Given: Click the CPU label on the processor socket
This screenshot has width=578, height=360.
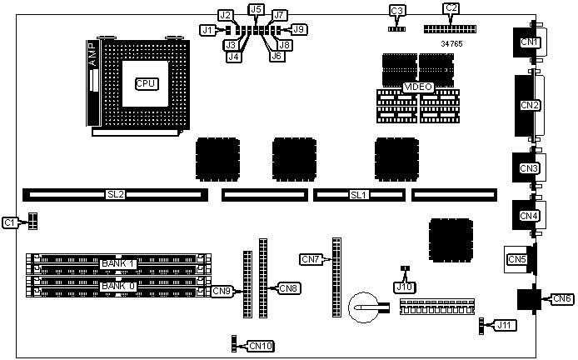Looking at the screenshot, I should click(147, 83).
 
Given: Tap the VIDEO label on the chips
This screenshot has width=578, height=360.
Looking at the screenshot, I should click(417, 87).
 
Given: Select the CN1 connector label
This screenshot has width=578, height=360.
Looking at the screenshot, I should click(531, 42).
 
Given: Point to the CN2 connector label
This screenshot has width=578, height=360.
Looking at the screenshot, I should click(531, 105).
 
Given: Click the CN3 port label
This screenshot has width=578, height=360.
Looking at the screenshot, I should click(530, 168).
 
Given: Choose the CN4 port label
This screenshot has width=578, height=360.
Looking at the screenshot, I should click(530, 216).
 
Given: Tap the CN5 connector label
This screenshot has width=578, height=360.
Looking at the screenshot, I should click(516, 259).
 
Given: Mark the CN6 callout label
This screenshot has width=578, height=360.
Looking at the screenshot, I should click(562, 298).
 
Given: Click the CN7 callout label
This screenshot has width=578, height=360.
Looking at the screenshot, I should click(311, 259).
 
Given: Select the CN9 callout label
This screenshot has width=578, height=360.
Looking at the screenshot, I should click(222, 291).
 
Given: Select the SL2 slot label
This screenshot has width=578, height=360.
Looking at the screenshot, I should click(116, 195).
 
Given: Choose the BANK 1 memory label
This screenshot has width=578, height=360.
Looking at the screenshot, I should click(118, 264).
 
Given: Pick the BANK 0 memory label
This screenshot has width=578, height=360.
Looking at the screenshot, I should click(118, 286).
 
